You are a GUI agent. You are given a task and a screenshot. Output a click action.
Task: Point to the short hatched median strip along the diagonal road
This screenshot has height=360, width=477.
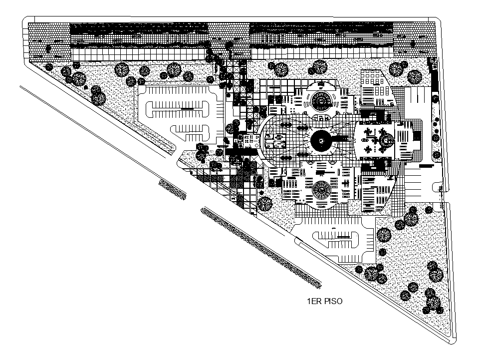coord(172,190)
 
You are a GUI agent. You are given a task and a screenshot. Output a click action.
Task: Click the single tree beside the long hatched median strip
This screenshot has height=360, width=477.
coord(265,203)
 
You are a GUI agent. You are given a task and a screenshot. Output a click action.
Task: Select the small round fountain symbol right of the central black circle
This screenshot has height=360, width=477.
coord(385,142)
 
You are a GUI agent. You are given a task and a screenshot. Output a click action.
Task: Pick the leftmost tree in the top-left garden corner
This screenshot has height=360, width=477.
coord(48,67)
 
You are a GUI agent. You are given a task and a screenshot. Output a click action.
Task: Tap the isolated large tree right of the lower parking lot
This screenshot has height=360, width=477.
coord(383,234)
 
